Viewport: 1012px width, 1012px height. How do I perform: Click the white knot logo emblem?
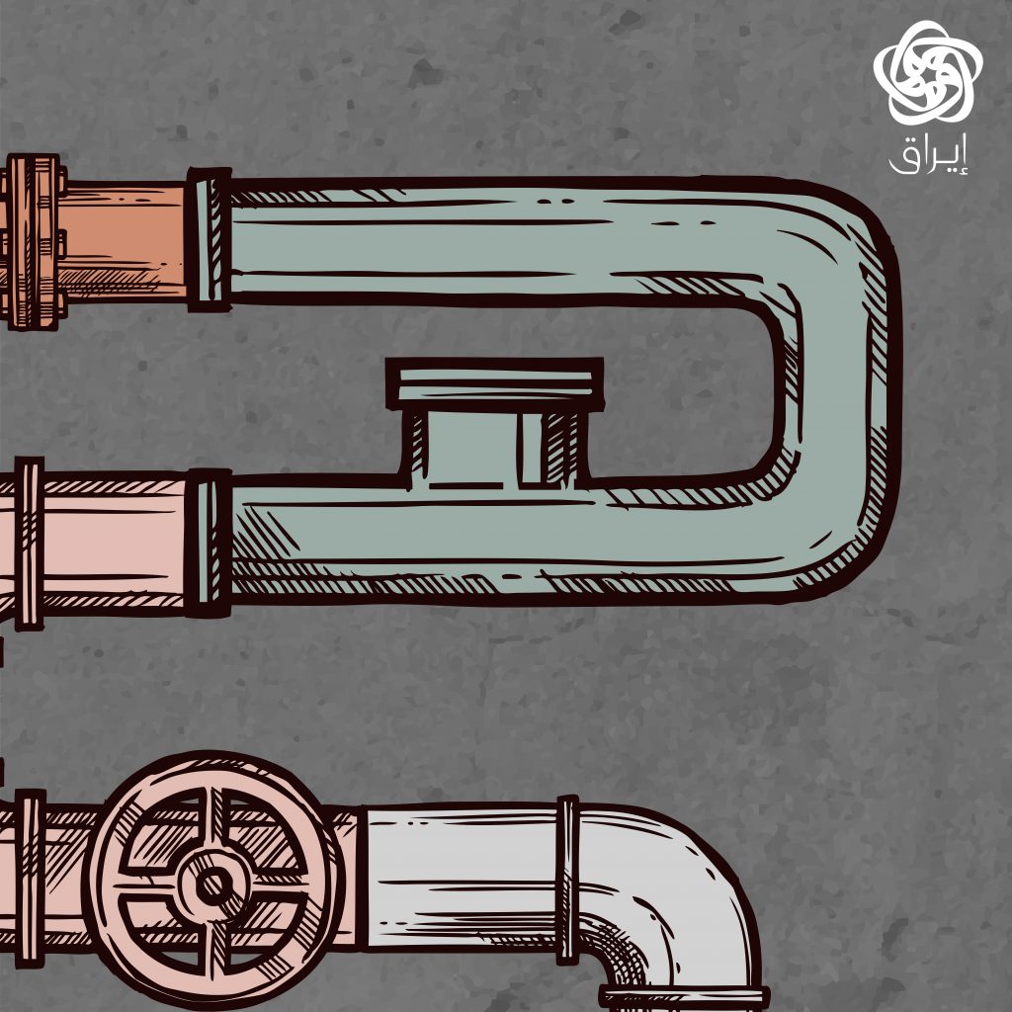point(927,73)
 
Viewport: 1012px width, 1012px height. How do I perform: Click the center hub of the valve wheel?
point(214,885)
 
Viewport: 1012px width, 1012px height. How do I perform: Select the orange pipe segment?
point(124,241)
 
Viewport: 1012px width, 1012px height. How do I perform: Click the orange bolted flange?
point(34,242)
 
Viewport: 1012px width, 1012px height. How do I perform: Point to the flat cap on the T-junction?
point(495,384)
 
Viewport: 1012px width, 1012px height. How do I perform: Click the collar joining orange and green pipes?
point(209,240)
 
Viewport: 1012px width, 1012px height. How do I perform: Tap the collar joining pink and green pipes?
point(208,543)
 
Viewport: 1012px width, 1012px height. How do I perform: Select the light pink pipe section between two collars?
point(114,543)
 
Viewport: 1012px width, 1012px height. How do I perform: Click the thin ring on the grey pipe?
point(567,880)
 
